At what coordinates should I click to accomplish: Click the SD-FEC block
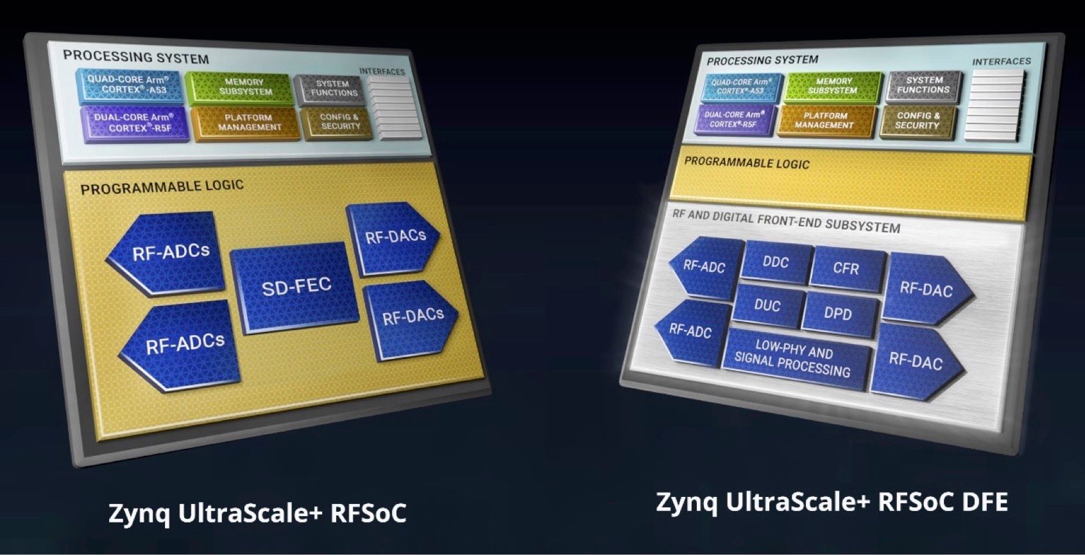point(295,288)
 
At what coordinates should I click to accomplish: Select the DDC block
point(776,262)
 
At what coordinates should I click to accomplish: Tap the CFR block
point(847,268)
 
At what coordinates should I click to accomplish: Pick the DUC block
point(768,306)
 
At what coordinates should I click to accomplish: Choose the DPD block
point(839,314)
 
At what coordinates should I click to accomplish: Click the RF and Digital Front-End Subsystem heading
point(786,221)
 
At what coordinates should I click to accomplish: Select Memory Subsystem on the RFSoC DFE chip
point(833,86)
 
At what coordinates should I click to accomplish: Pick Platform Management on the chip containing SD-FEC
point(248,123)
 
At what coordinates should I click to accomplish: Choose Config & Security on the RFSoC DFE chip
point(918,121)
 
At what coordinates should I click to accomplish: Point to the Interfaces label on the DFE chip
point(1002,62)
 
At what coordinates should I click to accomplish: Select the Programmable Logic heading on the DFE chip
point(746,162)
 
